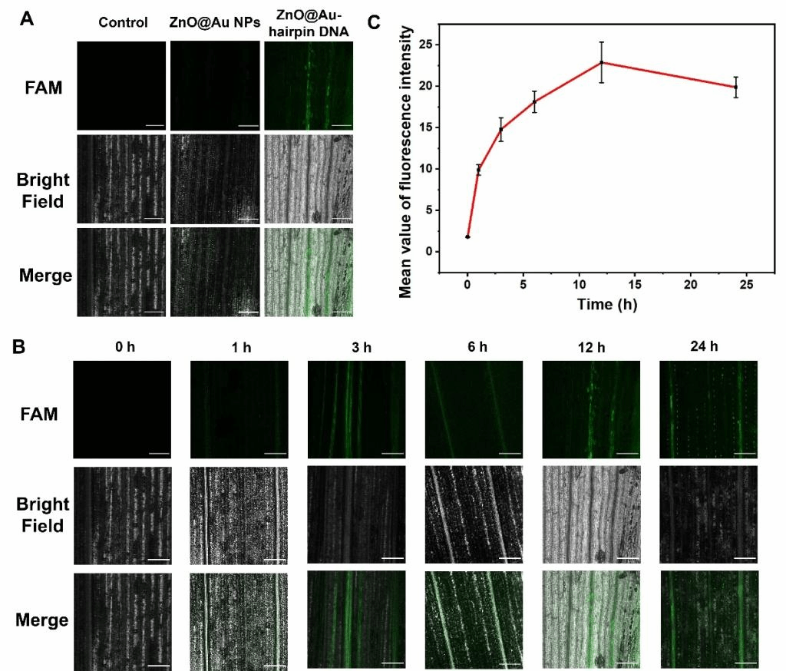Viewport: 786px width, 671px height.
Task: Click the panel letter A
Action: tap(26, 20)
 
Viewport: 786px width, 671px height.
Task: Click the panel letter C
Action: tap(375, 22)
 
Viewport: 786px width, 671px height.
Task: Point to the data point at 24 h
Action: tap(735, 87)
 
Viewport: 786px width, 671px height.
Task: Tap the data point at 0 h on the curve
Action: tap(467, 236)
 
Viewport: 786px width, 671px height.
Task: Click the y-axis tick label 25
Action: tap(427, 45)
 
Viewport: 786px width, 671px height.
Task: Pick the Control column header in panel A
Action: tap(123, 22)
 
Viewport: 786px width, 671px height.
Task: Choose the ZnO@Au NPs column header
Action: tap(214, 22)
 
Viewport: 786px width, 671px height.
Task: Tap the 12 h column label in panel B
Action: tap(591, 348)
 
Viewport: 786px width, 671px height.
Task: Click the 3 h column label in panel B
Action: tap(356, 348)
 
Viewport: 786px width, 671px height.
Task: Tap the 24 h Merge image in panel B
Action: tap(708, 619)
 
